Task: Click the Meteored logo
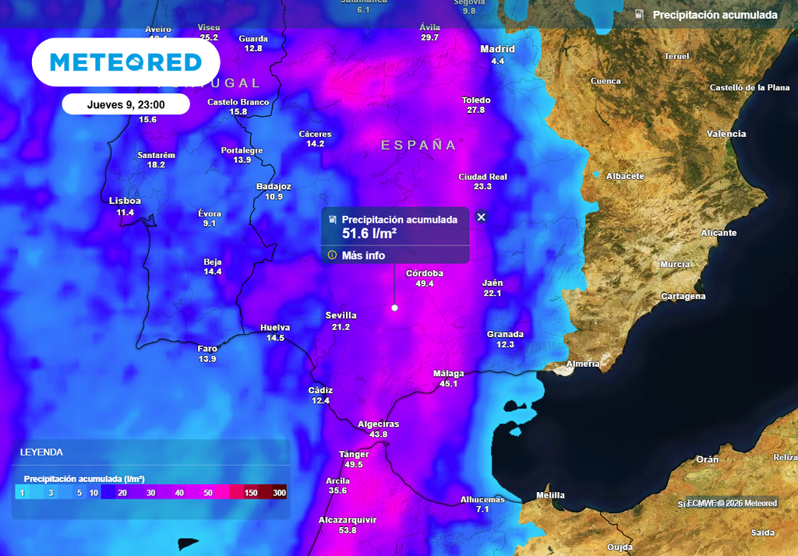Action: [x=125, y=62]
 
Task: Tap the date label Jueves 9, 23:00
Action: [x=125, y=104]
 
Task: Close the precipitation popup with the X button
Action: [x=481, y=217]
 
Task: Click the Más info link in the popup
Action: [x=363, y=255]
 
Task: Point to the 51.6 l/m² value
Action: [x=369, y=232]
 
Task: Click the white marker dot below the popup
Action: [x=394, y=308]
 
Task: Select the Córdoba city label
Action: [x=425, y=273]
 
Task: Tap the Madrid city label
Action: [x=497, y=49]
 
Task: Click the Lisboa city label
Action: [x=125, y=201]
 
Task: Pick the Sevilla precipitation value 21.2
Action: [x=341, y=327]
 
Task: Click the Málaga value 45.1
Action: [x=448, y=384]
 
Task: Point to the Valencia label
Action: [x=726, y=134]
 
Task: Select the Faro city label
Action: [x=207, y=348]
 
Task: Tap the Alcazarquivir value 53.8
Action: [x=348, y=530]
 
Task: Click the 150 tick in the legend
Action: [x=251, y=493]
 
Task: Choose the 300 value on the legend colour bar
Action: [x=279, y=493]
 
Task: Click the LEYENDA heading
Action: [x=41, y=452]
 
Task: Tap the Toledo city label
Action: [x=475, y=100]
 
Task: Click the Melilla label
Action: [x=551, y=495]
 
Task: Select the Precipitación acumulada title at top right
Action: [x=715, y=15]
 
